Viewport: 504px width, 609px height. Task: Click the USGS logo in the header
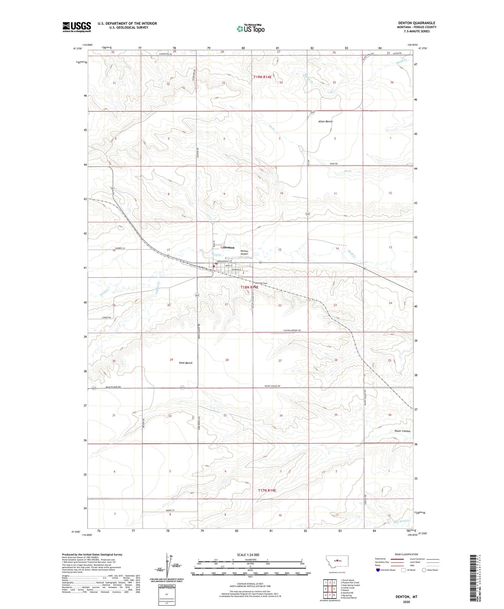77,27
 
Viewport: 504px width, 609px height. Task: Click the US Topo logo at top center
250,29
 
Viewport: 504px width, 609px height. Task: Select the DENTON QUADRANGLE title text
416,23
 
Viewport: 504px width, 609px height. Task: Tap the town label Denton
229,247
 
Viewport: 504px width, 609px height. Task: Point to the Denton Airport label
244,252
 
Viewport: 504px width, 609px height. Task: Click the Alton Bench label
325,121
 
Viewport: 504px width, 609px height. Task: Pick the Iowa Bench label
186,363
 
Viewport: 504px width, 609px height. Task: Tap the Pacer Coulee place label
402,431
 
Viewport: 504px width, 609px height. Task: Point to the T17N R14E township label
267,490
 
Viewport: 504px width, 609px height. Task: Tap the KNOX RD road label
334,164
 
